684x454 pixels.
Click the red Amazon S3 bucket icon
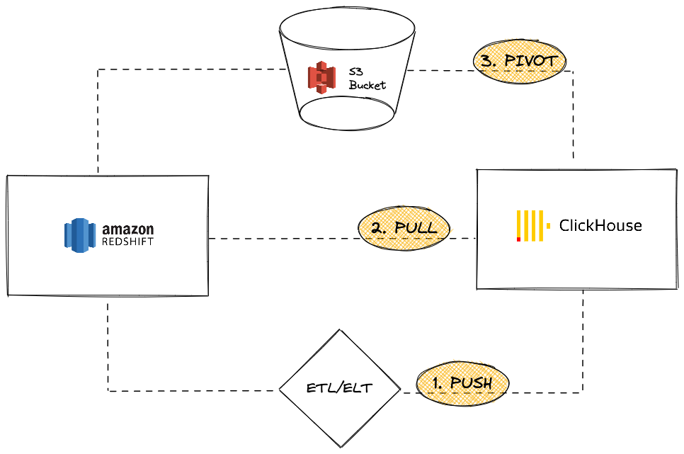click(x=321, y=77)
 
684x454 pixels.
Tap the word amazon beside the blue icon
click(x=127, y=229)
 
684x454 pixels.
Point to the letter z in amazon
click(x=127, y=230)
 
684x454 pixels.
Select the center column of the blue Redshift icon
click(x=80, y=235)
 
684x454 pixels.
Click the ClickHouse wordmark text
click(x=600, y=226)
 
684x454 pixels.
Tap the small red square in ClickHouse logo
click(x=519, y=239)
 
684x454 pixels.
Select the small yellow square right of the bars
click(x=548, y=226)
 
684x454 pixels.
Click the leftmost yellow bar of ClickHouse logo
click(x=519, y=223)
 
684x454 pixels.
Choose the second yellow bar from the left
click(x=526, y=226)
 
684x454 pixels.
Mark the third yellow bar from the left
click(x=533, y=226)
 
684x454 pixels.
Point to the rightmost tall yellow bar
click(x=541, y=226)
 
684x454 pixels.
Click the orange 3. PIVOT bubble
click(x=519, y=61)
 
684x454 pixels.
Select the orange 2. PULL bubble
click(x=404, y=227)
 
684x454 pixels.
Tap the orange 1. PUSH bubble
click(x=462, y=383)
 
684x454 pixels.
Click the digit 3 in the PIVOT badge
click(x=486, y=61)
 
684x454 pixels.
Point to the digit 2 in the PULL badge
click(x=377, y=228)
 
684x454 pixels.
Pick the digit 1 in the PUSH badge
click(x=436, y=384)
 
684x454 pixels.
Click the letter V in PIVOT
click(x=528, y=61)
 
